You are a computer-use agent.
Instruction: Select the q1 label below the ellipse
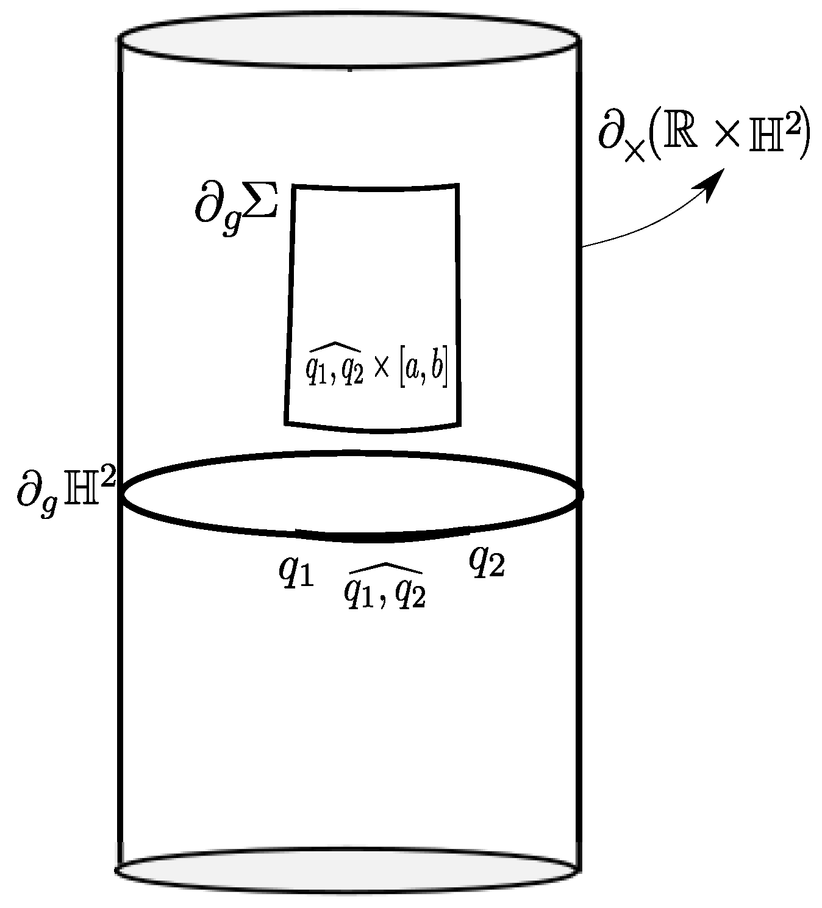(x=296, y=571)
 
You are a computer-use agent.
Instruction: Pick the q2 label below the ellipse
(x=487, y=562)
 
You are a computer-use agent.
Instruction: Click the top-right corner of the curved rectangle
(x=457, y=184)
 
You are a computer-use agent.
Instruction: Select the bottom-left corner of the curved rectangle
(x=286, y=421)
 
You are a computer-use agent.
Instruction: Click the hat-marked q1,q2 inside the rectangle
(x=334, y=366)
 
